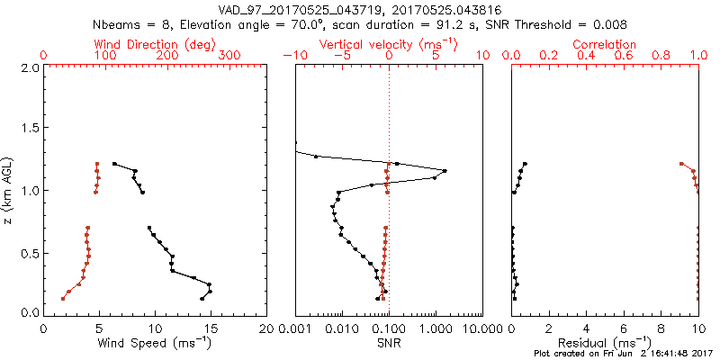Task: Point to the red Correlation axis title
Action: click(605, 44)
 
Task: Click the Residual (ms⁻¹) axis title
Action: click(605, 343)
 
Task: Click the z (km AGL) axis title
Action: click(9, 190)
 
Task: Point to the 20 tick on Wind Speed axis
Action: click(266, 329)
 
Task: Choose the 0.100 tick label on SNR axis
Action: click(389, 329)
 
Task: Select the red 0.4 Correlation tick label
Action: click(587, 56)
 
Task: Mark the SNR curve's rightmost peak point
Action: click(445, 171)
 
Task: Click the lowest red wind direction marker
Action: click(63, 298)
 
